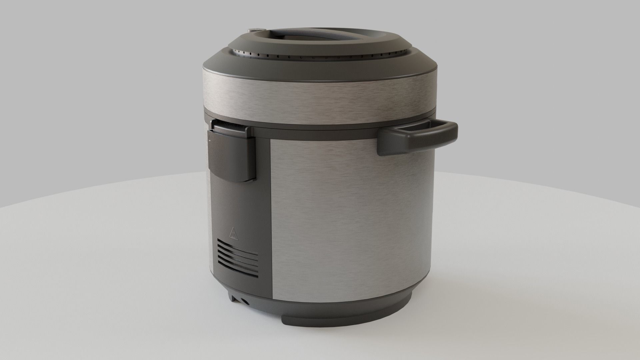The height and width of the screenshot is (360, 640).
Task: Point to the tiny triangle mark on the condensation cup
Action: click(209, 141)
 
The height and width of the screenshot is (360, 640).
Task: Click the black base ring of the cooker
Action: click(367, 307)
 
